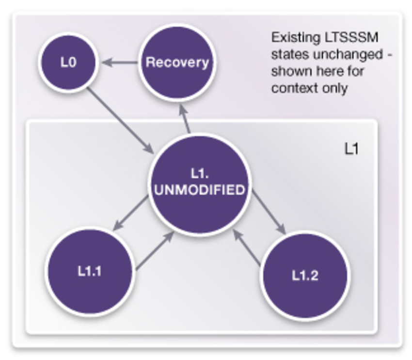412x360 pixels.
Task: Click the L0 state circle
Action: click(69, 63)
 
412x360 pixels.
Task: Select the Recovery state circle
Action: click(177, 63)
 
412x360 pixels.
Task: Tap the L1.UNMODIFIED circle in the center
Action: click(199, 184)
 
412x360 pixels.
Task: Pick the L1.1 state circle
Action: click(89, 271)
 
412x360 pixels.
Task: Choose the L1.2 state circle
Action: click(305, 276)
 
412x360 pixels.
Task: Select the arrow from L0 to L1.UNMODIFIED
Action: click(119, 119)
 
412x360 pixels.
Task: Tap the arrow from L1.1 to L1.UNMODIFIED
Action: click(155, 250)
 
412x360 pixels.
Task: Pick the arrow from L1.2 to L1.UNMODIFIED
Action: click(247, 247)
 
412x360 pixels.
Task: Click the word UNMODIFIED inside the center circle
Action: click(199, 190)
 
